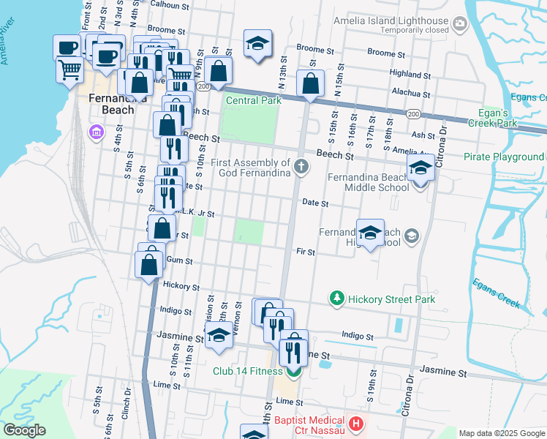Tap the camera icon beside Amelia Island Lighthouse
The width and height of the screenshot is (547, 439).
[x=459, y=25]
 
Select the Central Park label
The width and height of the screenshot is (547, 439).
[x=254, y=100]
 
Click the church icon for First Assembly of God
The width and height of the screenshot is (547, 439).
[x=301, y=168]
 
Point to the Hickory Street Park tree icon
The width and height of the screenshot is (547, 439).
[x=336, y=299]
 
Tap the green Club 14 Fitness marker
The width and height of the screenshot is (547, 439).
[x=293, y=371]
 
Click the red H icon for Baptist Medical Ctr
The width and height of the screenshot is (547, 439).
[x=356, y=424]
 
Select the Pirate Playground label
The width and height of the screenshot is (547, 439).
[x=504, y=157]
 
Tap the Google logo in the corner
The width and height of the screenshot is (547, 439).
[x=24, y=430]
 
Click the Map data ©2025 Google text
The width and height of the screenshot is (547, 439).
[x=502, y=433]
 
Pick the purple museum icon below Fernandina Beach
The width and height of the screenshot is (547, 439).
[x=95, y=132]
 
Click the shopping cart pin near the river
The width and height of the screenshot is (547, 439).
[x=69, y=70]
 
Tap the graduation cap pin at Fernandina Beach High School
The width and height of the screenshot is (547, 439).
[x=370, y=233]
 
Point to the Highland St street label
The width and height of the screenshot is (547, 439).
[x=410, y=74]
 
